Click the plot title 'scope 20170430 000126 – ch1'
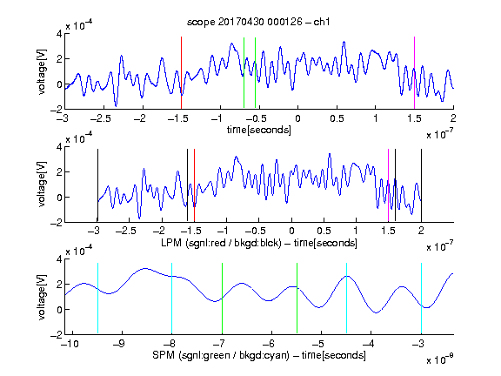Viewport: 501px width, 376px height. [258, 22]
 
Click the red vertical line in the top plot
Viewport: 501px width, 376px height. [181, 73]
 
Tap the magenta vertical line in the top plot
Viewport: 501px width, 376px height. [414, 73]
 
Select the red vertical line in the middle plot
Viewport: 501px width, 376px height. [194, 185]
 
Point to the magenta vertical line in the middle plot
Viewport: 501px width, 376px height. [388, 185]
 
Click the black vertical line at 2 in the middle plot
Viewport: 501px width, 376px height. [421, 185]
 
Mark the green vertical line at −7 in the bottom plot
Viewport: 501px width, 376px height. [222, 299]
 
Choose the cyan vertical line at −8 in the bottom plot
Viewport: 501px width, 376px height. [172, 299]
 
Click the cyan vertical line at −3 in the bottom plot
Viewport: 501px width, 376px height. [421, 299]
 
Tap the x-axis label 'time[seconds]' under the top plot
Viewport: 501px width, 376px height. [259, 130]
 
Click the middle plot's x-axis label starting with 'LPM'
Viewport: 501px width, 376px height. [259, 243]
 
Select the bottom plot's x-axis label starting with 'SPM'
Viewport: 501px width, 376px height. [259, 355]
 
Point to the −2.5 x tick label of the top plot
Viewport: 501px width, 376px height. [101, 118]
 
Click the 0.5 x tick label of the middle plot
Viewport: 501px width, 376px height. [324, 231]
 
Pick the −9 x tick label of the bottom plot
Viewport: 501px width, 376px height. [119, 344]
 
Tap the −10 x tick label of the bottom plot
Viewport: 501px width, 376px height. [70, 344]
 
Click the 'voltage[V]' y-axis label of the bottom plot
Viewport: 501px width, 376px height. [42, 297]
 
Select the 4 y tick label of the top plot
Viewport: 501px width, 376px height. [59, 33]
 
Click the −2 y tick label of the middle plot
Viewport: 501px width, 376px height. [56, 223]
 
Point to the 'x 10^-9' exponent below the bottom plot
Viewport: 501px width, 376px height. [440, 359]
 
